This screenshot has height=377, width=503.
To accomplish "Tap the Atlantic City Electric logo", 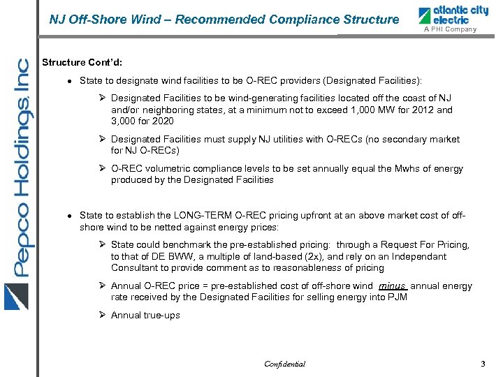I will pos(447,15).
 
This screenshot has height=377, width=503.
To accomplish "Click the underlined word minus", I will pos(393,286).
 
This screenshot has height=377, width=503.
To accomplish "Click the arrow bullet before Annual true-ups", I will pos(102,315).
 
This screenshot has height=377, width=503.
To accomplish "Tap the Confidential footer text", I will pos(284,364).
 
